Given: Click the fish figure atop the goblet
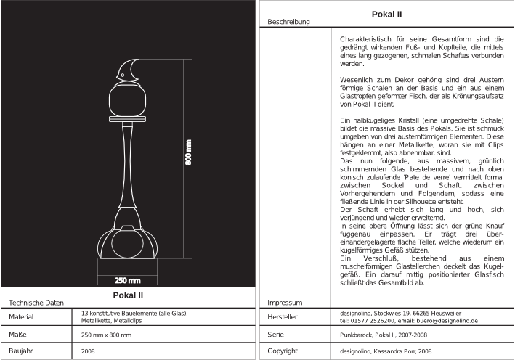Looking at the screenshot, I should pos(129,69).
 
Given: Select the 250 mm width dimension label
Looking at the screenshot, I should pos(128,280).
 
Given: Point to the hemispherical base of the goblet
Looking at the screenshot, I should pos(129,245).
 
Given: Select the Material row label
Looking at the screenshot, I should pos(22,317).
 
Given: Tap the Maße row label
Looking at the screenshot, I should pos(18,334).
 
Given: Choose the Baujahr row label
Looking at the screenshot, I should pos(22,351).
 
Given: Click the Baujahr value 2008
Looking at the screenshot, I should pos(89,351).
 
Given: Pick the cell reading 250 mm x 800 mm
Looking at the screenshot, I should pos(107,335).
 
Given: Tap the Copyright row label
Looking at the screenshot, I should pos(284,351).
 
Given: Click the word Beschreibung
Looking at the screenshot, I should pos(289,22).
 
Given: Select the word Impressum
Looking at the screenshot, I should pos(285,302).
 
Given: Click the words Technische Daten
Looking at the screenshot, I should pos(36,302).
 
